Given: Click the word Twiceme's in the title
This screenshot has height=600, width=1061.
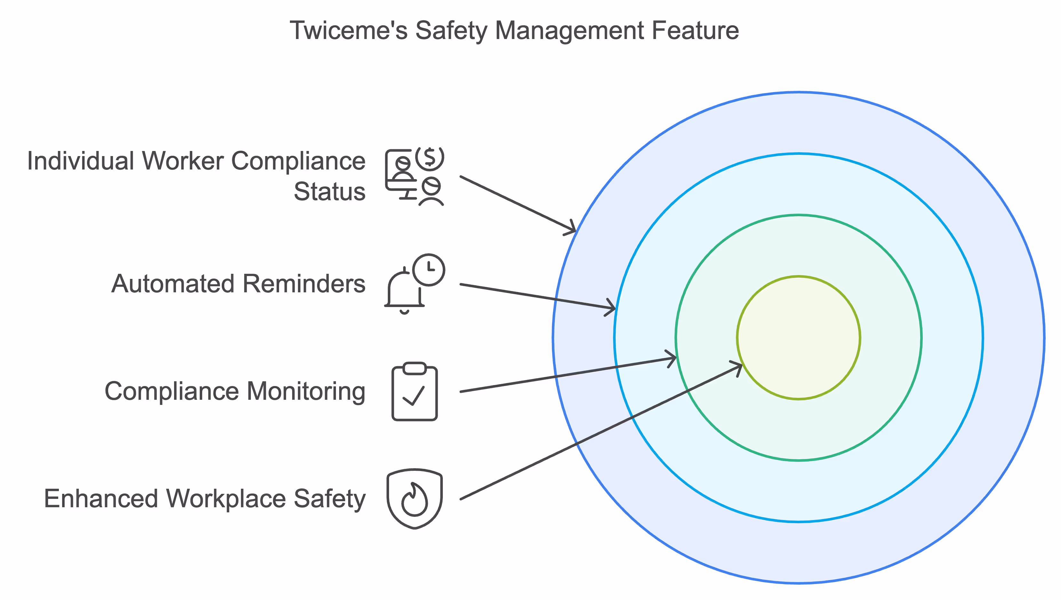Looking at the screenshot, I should click(348, 30).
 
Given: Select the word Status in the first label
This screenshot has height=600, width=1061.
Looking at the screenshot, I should click(329, 192).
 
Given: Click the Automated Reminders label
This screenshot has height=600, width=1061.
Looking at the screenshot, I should click(238, 284).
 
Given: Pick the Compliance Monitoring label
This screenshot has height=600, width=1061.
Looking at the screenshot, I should click(235, 391).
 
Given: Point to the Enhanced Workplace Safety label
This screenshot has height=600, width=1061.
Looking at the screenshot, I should click(204, 499).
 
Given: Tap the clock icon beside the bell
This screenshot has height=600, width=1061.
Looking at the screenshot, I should click(429, 270).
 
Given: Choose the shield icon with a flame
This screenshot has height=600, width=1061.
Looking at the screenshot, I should click(414, 499).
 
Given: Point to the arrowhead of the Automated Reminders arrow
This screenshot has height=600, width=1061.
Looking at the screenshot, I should click(610, 307).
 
